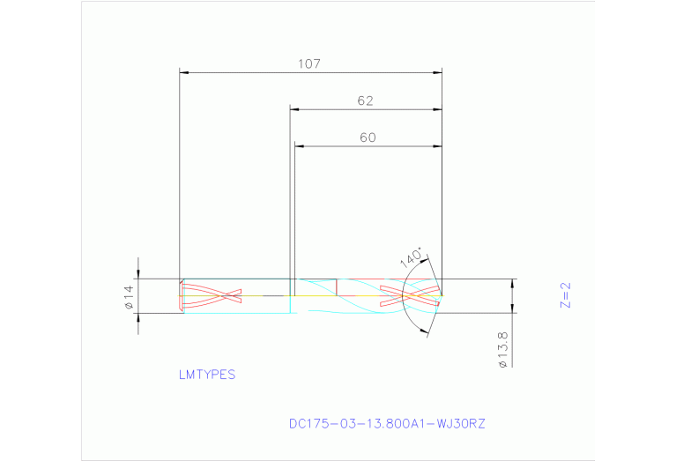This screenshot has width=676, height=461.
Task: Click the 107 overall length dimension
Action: pos(308,63)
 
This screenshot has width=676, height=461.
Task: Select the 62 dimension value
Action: pos(366,101)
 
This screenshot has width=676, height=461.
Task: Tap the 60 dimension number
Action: pos(368,138)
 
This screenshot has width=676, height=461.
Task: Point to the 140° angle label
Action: pos(412,259)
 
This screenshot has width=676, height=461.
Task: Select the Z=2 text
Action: pos(566,295)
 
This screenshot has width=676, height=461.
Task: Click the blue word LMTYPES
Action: pos(207,374)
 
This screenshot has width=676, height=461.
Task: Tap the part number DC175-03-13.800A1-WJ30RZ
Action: pos(387,423)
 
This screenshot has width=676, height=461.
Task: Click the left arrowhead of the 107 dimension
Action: pos(184,72)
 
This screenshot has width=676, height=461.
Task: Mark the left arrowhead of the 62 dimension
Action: pos(296,110)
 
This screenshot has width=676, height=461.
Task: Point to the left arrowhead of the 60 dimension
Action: pos(300,146)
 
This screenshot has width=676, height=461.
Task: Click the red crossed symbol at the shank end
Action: pos(210,295)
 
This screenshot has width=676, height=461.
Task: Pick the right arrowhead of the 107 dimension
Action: pos(437,72)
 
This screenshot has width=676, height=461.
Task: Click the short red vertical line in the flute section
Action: pos(338,286)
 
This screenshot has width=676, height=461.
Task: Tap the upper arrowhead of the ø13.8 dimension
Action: pos(511,284)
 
